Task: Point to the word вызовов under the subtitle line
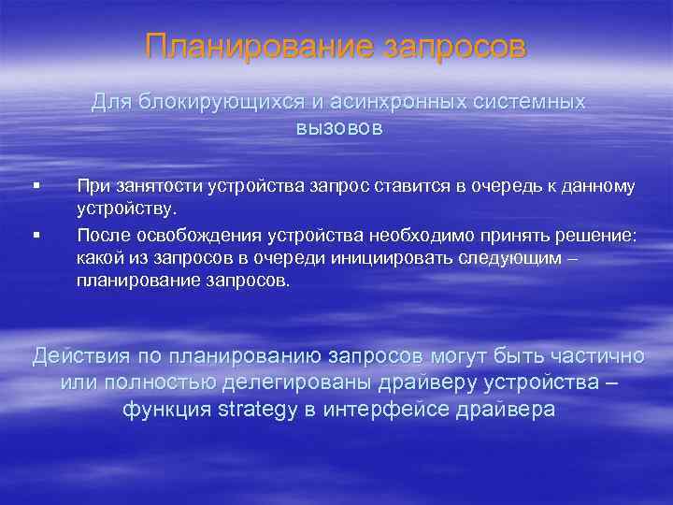339,128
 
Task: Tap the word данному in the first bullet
600,186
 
